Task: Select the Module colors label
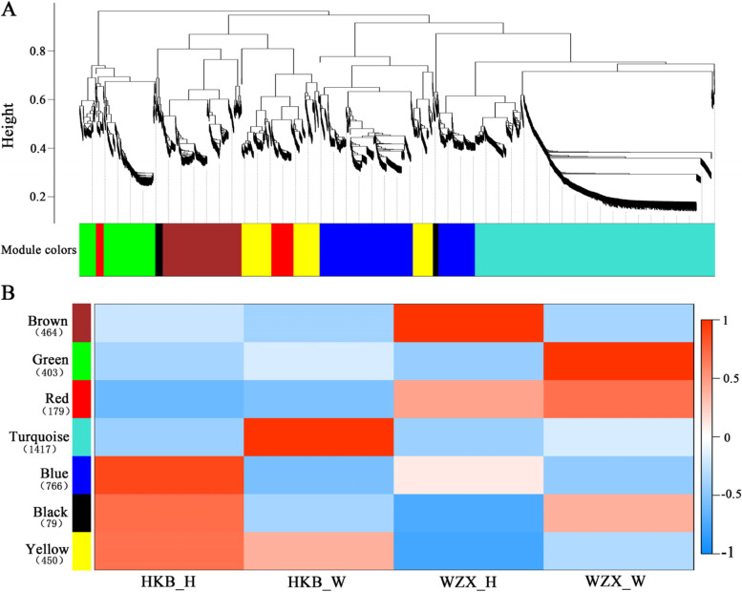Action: pyautogui.click(x=38, y=250)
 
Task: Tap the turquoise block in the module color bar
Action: pyautogui.click(x=595, y=250)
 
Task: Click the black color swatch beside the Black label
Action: pyautogui.click(x=82, y=514)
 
